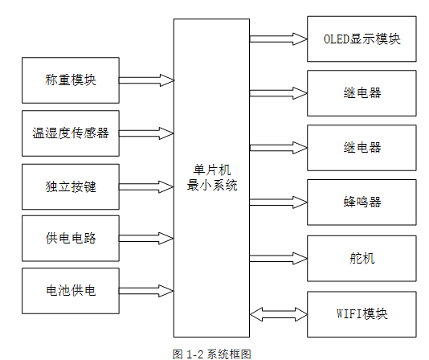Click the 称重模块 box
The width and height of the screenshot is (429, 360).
(71, 80)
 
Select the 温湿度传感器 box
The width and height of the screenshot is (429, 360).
(71, 133)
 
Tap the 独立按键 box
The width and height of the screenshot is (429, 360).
(71, 186)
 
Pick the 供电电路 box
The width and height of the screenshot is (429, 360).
(71, 239)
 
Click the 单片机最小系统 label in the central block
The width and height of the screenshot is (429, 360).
(211, 178)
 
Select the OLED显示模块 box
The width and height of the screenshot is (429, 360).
(362, 39)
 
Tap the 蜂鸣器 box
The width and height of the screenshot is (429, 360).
(362, 202)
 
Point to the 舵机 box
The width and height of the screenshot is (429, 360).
(362, 258)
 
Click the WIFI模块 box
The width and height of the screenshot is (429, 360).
(362, 313)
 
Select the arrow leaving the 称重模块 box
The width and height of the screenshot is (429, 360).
(146, 80)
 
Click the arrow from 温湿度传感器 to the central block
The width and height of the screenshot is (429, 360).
(146, 133)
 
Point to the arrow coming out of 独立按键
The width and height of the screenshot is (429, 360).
(146, 186)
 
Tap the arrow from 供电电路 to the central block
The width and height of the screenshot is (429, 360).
(146, 239)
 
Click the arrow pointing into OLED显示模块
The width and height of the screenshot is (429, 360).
(278, 39)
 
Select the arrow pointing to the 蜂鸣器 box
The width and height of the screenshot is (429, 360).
(278, 202)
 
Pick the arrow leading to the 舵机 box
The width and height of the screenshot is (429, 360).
(278, 258)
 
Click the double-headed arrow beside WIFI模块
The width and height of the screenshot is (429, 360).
(278, 313)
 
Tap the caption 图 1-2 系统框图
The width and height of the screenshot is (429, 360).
(212, 353)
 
